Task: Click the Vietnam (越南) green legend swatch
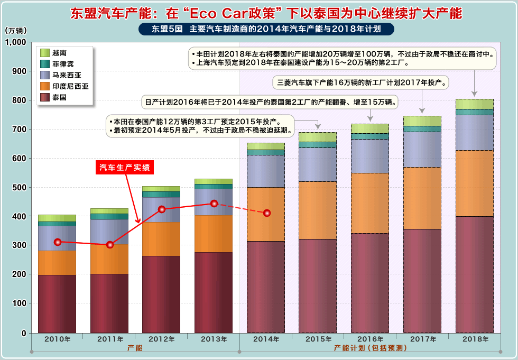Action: tap(45, 53)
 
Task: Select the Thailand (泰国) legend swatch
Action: tap(45, 97)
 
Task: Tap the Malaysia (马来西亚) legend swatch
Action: tap(45, 75)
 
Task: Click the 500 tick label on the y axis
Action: tap(19, 188)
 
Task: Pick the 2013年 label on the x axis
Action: tap(213, 339)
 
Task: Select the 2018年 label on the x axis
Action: tap(474, 339)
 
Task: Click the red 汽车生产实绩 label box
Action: tap(125, 168)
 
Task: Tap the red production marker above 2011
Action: tap(110, 245)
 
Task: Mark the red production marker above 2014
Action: tap(267, 213)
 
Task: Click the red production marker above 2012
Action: tap(162, 209)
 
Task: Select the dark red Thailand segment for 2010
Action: tap(57, 303)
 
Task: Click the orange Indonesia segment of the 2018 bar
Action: tap(474, 183)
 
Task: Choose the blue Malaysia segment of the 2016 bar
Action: tap(370, 156)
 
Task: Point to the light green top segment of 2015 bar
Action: tap(318, 137)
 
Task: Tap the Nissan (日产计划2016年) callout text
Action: tap(271, 101)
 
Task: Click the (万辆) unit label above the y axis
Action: tap(16, 31)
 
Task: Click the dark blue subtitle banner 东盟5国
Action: tap(266, 29)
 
